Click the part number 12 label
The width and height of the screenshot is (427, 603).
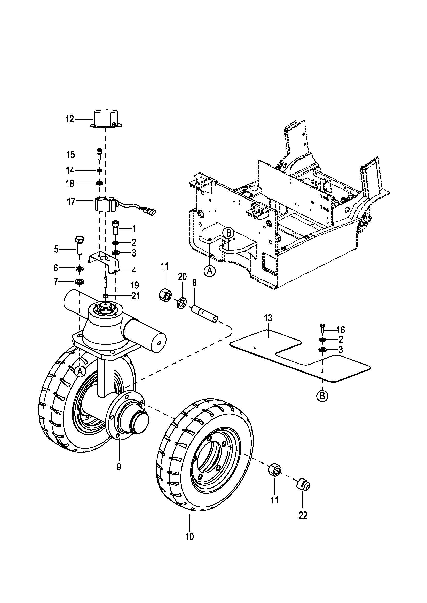pos(70,119)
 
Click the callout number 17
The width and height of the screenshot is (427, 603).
pos(71,202)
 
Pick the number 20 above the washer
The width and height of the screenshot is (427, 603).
pos(182,277)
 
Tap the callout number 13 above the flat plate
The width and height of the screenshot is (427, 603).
pos(268,318)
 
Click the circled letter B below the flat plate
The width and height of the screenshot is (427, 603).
pos(322,396)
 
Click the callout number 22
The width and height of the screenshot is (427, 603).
pos(303,515)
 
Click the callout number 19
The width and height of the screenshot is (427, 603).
pos(135,285)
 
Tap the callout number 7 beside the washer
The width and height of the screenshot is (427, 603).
pos(56,282)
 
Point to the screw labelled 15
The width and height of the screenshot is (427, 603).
pos(99,154)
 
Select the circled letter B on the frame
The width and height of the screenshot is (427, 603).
pos(228,233)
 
